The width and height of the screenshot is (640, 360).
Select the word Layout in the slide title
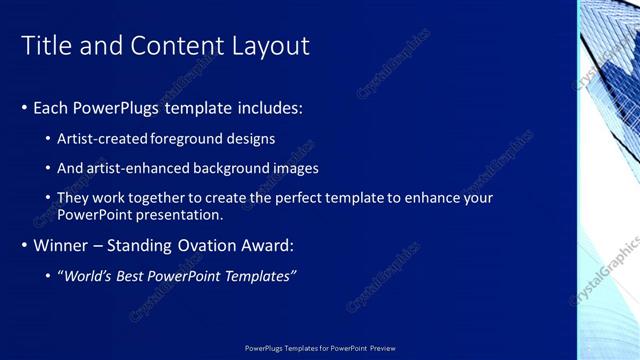click(273, 46)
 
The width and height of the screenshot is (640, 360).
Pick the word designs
click(250, 139)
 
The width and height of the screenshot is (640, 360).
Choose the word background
click(235, 168)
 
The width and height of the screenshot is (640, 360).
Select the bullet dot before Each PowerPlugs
click(24, 108)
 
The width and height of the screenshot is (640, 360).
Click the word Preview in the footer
click(382, 348)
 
